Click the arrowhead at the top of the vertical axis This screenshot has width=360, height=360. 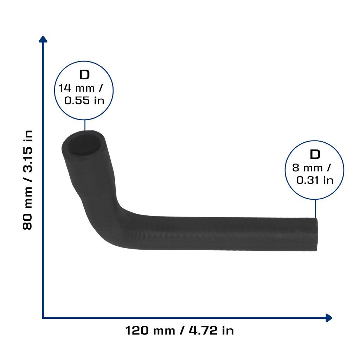click(43, 39)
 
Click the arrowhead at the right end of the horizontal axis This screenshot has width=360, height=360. click(329, 318)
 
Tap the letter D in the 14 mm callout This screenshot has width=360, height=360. click(84, 75)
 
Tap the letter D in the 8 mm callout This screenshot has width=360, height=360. click(315, 154)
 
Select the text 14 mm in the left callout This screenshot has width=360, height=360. click(76, 88)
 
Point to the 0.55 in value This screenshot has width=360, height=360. click(84, 101)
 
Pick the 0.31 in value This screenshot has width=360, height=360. click(315, 180)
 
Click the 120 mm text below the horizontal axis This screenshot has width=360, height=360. click(150, 331)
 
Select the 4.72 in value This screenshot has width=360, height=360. click(211, 331)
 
